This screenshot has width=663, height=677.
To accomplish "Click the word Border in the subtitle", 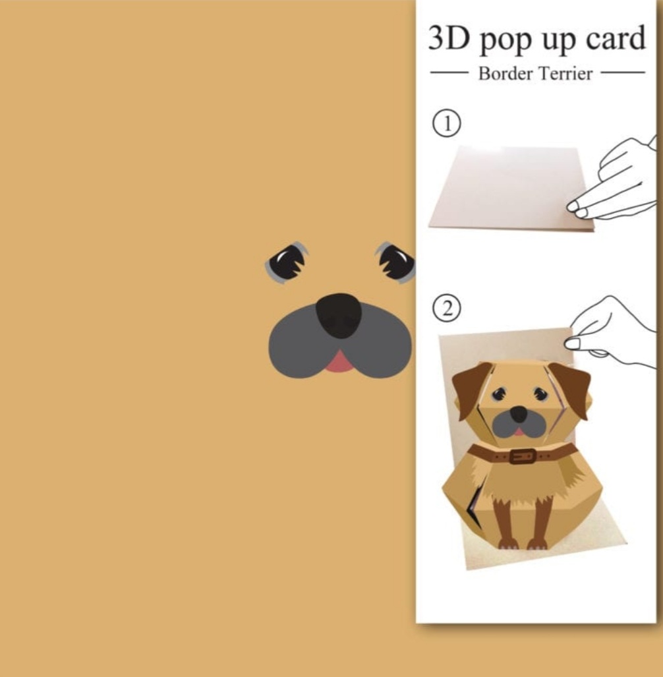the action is click(x=505, y=73).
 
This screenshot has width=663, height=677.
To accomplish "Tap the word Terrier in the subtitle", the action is click(x=565, y=73).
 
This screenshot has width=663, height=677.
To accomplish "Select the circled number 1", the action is click(x=447, y=124).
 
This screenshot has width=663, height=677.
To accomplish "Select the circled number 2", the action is click(x=447, y=309).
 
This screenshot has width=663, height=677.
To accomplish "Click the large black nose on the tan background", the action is click(x=339, y=315).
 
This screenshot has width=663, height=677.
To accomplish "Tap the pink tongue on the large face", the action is click(x=339, y=362).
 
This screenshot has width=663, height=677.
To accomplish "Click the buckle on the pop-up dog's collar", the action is click(x=523, y=456).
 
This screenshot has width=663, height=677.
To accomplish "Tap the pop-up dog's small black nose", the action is click(x=519, y=415).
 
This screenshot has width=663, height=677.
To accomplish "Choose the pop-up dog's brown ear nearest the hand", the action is click(x=570, y=388).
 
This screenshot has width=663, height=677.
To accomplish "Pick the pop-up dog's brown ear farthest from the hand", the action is click(x=471, y=388).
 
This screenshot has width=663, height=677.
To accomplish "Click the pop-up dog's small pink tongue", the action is click(x=520, y=432).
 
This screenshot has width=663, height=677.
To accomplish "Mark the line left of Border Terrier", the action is click(x=449, y=73).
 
